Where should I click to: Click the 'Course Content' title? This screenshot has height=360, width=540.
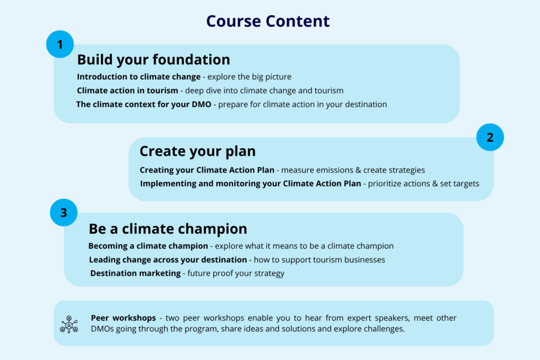[x=268, y=21]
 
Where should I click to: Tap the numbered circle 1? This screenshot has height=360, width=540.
[x=60, y=44]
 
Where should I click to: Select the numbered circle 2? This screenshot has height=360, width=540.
[x=490, y=138]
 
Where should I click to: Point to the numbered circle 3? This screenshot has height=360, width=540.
[x=64, y=212]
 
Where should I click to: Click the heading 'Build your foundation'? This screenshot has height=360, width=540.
[x=153, y=60]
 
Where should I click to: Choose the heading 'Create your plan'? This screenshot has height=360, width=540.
[x=198, y=151]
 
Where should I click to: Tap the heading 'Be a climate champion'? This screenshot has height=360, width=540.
[x=168, y=229]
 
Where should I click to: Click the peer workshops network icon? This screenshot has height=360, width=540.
[x=69, y=324]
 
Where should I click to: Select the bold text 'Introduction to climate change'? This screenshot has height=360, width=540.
[x=139, y=77]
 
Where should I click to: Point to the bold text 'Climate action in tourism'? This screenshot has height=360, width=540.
[x=128, y=91]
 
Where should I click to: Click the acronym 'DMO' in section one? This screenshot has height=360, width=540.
[x=201, y=104]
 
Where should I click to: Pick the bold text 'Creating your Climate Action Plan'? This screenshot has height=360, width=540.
[x=207, y=170]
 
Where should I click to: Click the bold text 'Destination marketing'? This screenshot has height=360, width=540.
[x=136, y=273]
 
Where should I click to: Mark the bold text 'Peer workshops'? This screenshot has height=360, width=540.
[x=123, y=318]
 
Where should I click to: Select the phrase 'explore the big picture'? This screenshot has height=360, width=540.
[x=249, y=77]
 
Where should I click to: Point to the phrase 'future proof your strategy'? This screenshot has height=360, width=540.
[x=236, y=273]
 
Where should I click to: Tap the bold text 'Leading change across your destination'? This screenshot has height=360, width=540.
[x=168, y=260]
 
